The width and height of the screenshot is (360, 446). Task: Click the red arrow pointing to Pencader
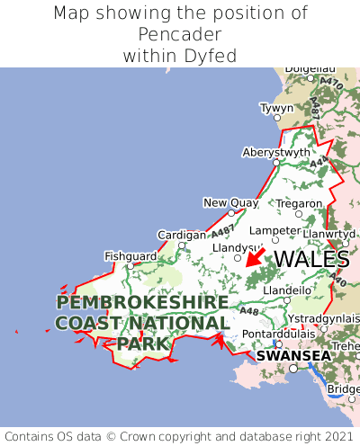point(255,257)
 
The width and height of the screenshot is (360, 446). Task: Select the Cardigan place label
point(182,235)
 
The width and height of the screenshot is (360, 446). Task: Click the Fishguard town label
point(130,256)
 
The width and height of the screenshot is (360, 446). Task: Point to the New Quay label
point(230,202)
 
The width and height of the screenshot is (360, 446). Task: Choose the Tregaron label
point(299,203)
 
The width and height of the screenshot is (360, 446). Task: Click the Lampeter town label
point(274,230)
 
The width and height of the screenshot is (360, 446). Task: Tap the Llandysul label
point(235,247)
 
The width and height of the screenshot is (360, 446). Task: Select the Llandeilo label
point(287,290)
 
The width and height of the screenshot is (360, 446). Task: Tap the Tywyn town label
point(276,108)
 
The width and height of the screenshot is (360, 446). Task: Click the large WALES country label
point(311,259)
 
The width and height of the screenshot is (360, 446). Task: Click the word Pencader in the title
point(180,34)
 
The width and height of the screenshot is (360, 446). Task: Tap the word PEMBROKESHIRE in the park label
point(141,302)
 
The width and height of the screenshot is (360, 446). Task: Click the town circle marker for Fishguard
point(130,266)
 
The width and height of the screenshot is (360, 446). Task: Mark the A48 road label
point(249,311)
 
